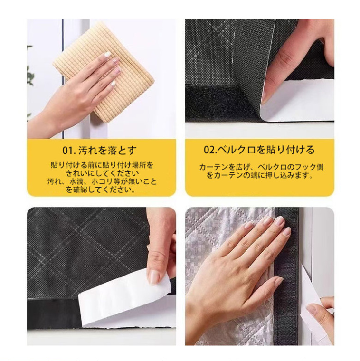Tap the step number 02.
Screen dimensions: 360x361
(x=210, y=150)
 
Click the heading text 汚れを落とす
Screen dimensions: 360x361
(x=107, y=151)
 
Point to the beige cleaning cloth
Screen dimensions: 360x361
(x=104, y=71)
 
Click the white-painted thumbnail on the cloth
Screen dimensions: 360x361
(x=108, y=55)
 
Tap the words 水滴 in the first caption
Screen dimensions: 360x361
(x=75, y=181)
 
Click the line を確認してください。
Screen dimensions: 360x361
(x=101, y=190)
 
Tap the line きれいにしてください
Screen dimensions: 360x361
(x=103, y=173)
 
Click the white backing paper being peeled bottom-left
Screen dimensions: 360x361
(x=124, y=304)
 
